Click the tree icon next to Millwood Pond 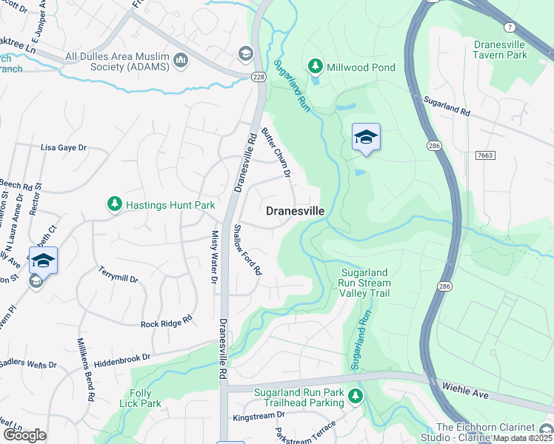316,67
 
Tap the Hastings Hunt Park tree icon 114,203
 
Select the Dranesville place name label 295,211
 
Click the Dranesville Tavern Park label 510,50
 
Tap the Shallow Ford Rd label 247,250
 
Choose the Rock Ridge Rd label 167,321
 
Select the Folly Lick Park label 140,398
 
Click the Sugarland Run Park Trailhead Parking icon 356,397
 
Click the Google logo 24,435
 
